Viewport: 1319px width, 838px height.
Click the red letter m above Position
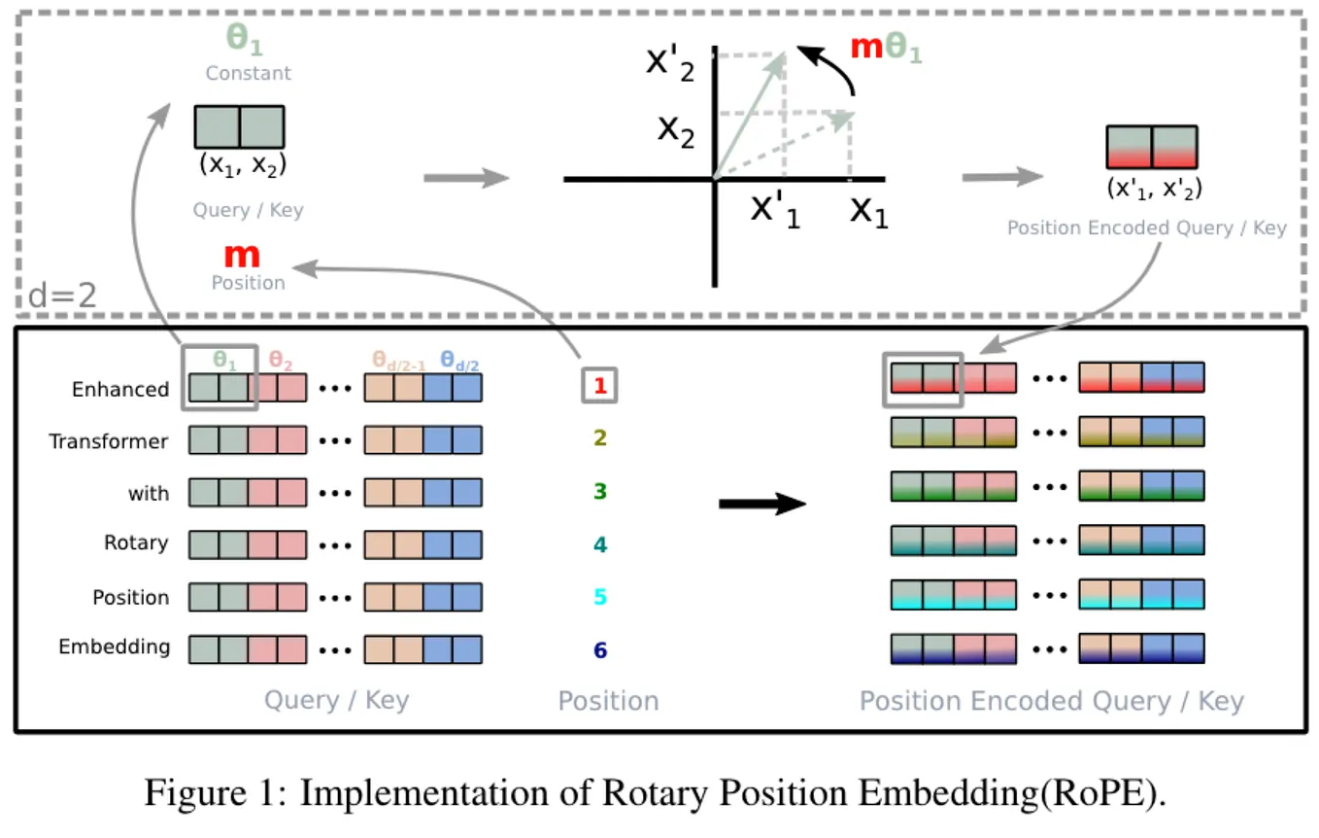point(242,256)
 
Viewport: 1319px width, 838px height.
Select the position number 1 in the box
point(599,387)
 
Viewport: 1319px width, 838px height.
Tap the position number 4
point(599,544)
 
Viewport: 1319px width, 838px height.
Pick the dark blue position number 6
point(599,649)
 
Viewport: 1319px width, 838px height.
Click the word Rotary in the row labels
point(135,542)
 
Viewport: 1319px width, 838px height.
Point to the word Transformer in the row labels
point(108,441)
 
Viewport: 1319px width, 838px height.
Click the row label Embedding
point(114,646)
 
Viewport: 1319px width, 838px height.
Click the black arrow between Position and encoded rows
point(762,503)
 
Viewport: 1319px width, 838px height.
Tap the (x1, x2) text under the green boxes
point(242,165)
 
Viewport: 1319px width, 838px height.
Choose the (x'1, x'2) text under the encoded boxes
point(1154,188)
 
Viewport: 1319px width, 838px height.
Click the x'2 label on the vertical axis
point(670,63)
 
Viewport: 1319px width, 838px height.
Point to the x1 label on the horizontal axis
point(868,210)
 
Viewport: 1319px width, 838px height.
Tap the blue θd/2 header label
point(459,361)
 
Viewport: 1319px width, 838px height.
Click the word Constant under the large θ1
point(248,73)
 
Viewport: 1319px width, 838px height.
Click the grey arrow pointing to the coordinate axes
point(466,178)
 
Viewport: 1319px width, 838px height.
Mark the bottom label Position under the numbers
point(608,701)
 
